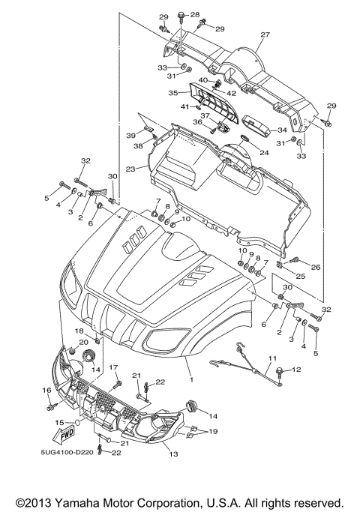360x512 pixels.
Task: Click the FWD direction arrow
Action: [64, 435]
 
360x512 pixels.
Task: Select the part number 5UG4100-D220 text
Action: [67, 453]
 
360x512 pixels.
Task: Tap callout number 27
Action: [265, 34]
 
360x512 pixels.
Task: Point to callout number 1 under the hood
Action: [192, 380]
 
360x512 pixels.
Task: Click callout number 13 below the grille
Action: [173, 454]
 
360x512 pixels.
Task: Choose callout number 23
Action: [130, 169]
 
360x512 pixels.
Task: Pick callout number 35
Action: [172, 93]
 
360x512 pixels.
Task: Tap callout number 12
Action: [296, 370]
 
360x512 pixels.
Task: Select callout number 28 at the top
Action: [195, 15]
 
